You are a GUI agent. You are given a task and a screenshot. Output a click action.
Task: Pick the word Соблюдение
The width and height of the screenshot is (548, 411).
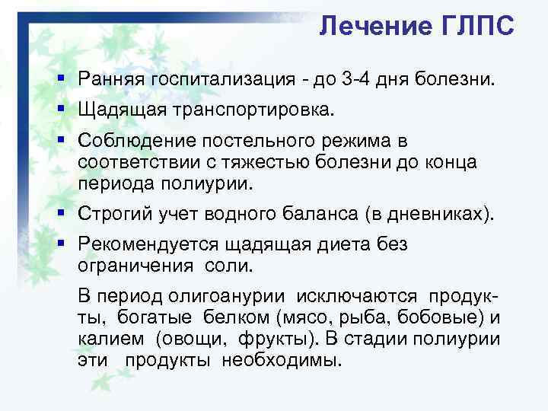click(x=128, y=142)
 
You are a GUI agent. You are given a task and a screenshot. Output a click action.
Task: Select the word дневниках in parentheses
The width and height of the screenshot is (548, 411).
click(x=432, y=215)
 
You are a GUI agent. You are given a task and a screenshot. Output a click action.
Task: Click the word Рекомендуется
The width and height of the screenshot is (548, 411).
click(x=146, y=245)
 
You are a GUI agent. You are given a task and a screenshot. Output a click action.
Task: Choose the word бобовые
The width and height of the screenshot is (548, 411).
click(x=442, y=317)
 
